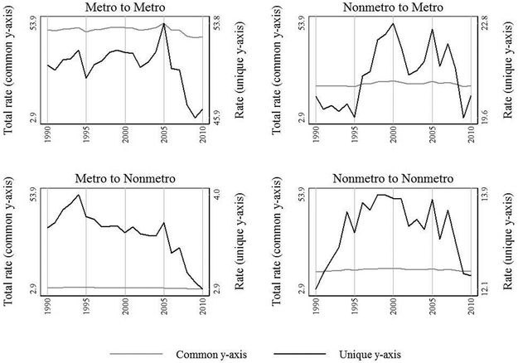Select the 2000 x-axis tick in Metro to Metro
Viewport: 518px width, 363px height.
click(x=125, y=133)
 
